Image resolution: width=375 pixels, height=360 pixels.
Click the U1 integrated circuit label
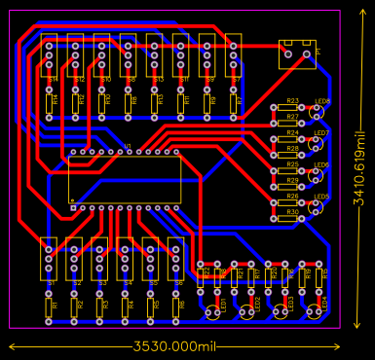click(127, 147)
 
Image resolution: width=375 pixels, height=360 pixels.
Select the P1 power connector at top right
click(297, 54)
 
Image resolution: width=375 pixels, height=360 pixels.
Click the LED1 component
click(214, 310)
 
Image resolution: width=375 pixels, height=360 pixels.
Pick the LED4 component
click(315, 310)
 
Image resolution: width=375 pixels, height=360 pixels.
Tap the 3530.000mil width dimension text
click(174, 346)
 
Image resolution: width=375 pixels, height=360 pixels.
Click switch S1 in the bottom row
click(49, 260)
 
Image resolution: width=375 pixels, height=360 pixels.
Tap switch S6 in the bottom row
click(175, 260)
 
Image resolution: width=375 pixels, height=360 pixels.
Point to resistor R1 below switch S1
click(50, 306)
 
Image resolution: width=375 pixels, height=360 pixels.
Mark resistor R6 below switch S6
click(176, 306)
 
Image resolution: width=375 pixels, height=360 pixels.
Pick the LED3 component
click(281, 310)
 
